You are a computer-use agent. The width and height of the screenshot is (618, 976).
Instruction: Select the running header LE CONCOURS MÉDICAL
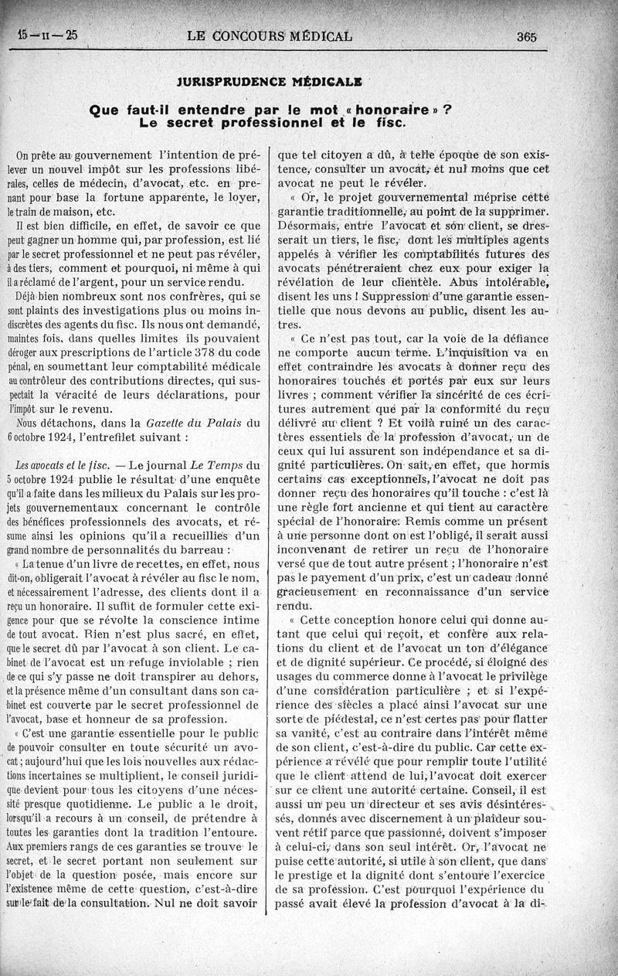point(270,36)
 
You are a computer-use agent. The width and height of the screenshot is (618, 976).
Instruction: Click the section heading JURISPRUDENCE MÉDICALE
point(270,81)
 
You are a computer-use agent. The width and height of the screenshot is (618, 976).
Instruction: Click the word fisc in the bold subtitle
point(384,123)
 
